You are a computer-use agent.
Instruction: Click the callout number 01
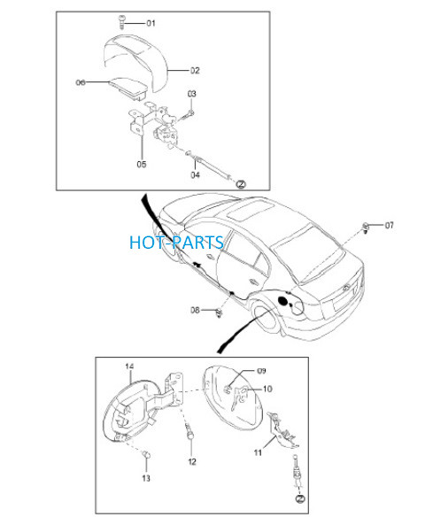tap(151, 23)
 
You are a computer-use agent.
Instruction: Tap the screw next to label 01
tap(121, 22)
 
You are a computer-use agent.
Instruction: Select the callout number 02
tap(195, 70)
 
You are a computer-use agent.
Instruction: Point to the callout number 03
tap(191, 94)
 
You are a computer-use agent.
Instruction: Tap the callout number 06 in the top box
tap(81, 82)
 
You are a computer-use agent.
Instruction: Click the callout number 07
tap(389, 225)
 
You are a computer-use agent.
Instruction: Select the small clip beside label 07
tap(366, 228)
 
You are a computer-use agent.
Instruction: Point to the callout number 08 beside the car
tap(195, 310)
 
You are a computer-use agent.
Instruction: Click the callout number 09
tap(261, 371)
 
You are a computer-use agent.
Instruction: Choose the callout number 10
tap(267, 389)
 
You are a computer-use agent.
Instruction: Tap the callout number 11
tap(258, 452)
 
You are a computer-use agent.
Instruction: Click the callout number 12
tap(192, 461)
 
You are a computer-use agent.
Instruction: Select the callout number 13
tap(146, 478)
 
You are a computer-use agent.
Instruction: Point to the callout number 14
tap(129, 367)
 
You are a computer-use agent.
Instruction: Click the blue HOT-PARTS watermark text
tap(177, 243)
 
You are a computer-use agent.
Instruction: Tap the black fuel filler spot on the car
tap(283, 301)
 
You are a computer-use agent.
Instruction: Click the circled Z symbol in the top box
tap(242, 184)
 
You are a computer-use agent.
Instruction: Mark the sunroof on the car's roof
tap(251, 212)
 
